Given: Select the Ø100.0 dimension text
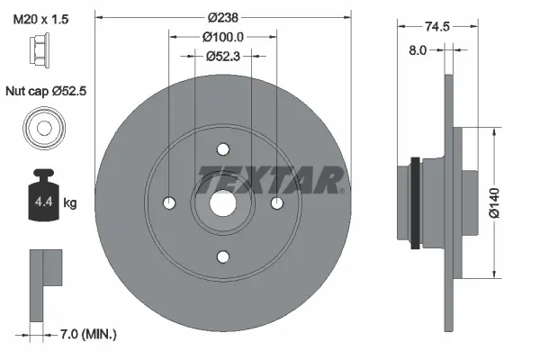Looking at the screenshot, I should pos(222,37).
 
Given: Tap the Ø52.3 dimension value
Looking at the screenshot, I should pos(222,56).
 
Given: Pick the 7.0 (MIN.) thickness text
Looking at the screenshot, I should pos(88,335).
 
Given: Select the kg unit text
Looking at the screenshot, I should pos(70,203).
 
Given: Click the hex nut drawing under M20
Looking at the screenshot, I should pos(42,49).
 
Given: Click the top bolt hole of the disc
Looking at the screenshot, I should pos(223,149).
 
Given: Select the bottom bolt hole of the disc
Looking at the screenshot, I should pos(223,256).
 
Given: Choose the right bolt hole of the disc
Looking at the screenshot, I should pos(276,202).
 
